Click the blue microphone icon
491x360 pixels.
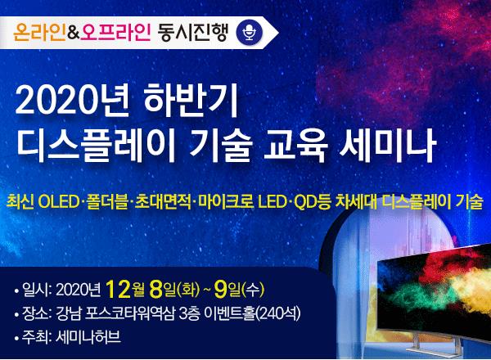250,33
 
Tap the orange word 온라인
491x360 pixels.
40,33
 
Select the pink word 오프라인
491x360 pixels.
115,33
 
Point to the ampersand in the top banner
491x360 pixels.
74,34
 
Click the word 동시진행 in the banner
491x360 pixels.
192,33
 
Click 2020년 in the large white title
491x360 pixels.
72,101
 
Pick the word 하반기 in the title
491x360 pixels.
191,101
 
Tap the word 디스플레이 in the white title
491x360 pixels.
95,146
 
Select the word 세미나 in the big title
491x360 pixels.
388,146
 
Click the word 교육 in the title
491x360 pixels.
295,146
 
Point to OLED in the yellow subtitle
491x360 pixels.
57,202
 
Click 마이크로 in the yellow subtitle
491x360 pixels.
227,202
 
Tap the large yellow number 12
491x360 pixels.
118,290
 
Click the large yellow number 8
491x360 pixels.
155,290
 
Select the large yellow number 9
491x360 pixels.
220,290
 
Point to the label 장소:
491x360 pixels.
36,313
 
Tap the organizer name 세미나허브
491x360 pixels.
88,337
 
